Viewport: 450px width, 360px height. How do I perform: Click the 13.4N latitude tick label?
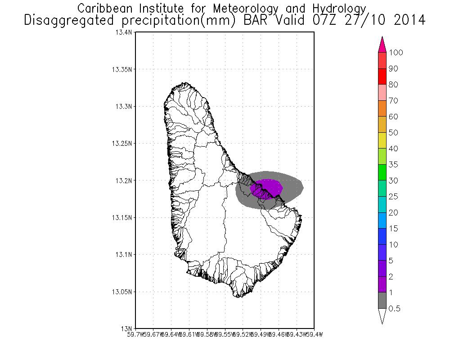125,32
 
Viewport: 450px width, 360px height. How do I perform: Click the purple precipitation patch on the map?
268,186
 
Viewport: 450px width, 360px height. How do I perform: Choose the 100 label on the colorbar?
396,53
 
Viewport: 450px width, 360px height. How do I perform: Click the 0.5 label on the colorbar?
395,309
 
